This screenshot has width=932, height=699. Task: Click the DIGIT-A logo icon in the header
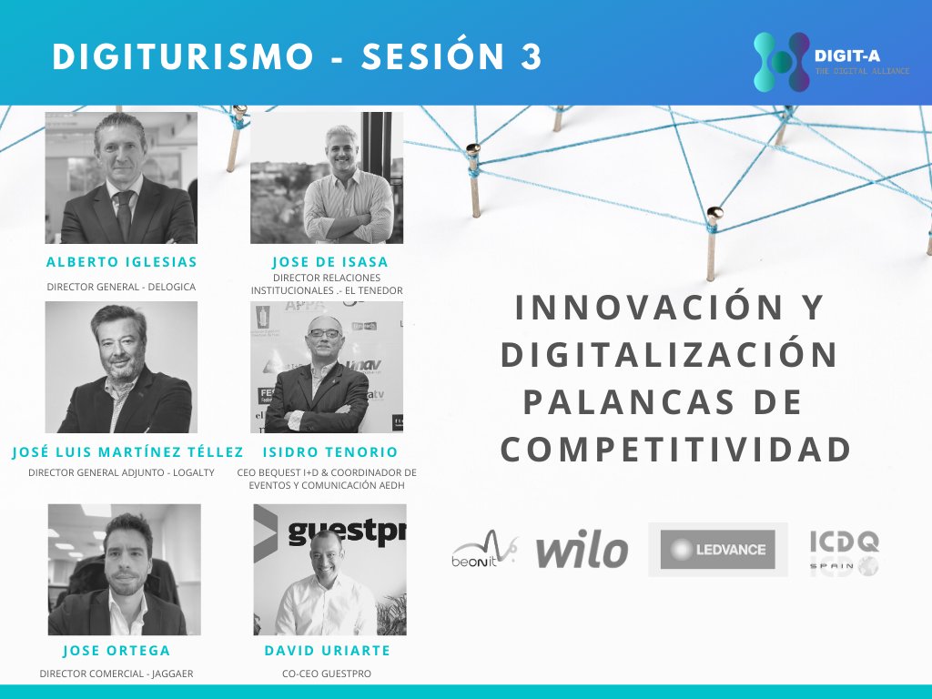click(x=781, y=62)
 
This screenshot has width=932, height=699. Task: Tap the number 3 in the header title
click(x=531, y=56)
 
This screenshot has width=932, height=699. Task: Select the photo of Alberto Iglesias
click(x=121, y=177)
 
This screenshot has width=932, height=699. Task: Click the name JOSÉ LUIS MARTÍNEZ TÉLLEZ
click(x=127, y=452)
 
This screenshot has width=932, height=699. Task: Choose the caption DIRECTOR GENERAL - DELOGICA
click(x=121, y=287)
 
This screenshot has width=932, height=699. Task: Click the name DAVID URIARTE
click(x=327, y=651)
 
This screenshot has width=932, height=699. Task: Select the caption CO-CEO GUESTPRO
click(x=327, y=674)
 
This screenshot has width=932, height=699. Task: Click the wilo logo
click(x=582, y=551)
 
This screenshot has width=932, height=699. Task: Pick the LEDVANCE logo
click(x=718, y=550)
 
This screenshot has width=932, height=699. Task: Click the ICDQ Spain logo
click(x=844, y=552)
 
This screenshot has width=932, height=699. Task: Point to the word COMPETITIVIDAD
click(x=675, y=450)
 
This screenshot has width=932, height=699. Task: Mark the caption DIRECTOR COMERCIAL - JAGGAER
click(x=116, y=674)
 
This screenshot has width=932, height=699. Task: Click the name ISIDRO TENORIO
click(x=329, y=452)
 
